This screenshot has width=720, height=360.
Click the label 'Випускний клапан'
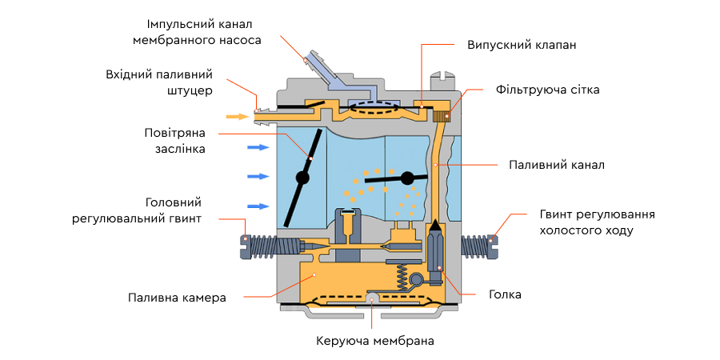coord(522,46)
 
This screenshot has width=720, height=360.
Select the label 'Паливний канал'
coord(556,165)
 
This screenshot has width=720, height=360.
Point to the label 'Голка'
coord(505,294)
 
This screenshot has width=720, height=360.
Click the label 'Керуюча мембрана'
coord(375,342)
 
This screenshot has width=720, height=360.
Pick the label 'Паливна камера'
coord(177,298)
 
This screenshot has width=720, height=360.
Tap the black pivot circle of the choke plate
coord(303,178)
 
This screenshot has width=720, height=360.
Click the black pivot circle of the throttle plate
coord(408,177)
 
